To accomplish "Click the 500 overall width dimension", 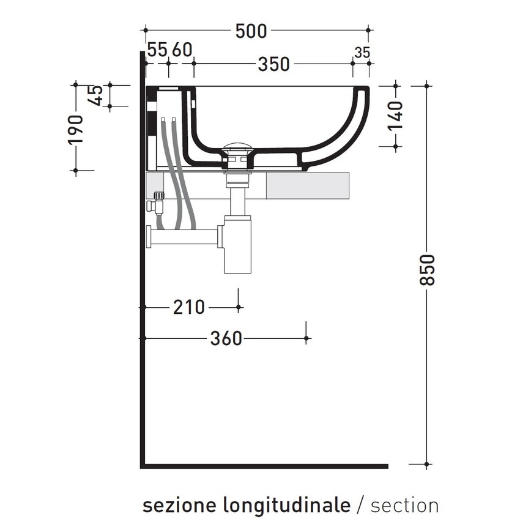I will [251, 30].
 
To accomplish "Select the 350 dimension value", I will [273, 64].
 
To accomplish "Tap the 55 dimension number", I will [157, 50].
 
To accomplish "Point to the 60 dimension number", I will [182, 50].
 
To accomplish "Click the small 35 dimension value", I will [362, 53].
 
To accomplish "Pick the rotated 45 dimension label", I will [96, 95].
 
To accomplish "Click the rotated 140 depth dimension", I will [395, 115].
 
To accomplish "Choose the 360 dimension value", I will [226, 338].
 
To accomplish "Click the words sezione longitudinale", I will [247, 505].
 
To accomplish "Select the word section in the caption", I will [404, 505].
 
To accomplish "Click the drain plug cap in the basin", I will [237, 147].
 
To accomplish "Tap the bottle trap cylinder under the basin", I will [237, 245].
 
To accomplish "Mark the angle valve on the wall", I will [157, 202].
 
